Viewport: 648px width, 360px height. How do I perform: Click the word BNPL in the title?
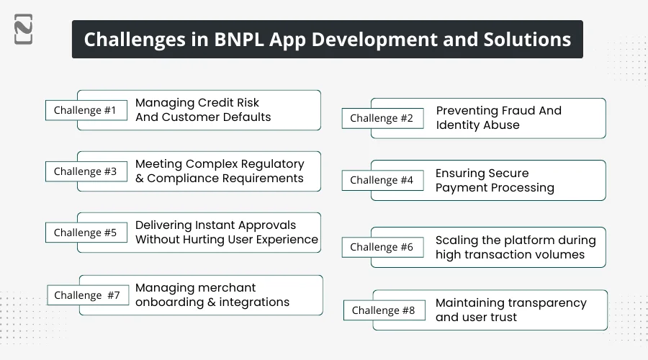click(238, 40)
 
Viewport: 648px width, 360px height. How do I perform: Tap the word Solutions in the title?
click(528, 40)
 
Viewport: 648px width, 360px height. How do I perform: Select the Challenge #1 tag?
click(85, 110)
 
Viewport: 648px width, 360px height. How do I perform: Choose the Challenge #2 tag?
click(382, 118)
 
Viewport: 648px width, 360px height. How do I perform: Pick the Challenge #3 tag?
click(85, 171)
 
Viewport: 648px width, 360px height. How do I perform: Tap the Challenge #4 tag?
click(382, 180)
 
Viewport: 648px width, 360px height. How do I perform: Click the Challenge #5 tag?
click(85, 233)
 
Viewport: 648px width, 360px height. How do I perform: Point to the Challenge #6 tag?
click(382, 247)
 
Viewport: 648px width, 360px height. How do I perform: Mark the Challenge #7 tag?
click(88, 295)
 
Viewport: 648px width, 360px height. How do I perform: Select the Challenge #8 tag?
click(384, 310)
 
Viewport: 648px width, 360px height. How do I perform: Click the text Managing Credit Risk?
click(197, 103)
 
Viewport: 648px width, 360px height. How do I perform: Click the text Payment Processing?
click(495, 188)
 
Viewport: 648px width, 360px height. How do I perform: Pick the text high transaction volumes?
click(510, 254)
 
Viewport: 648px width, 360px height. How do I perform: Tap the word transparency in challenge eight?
click(547, 303)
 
